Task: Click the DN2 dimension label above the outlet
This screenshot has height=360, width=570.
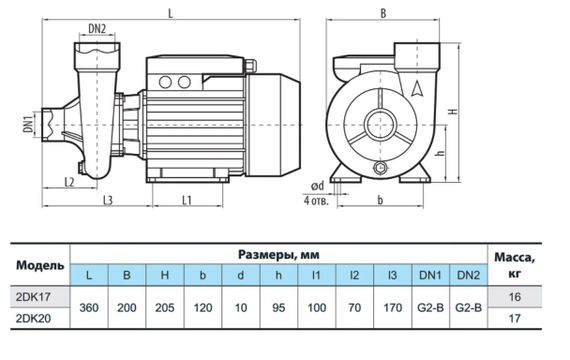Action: point(97,29)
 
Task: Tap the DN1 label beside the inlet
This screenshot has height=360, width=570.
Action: point(28,124)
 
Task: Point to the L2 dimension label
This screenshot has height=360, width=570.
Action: point(69,182)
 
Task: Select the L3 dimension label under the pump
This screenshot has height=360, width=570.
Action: point(108,200)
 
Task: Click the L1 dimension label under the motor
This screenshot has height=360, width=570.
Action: point(186,200)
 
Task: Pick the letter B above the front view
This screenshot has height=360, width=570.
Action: point(383,13)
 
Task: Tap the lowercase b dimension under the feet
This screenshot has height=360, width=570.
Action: point(380,200)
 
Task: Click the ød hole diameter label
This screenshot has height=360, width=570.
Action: point(317,186)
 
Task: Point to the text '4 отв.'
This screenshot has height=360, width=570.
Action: point(316,200)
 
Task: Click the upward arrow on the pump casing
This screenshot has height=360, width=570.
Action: point(417,88)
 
